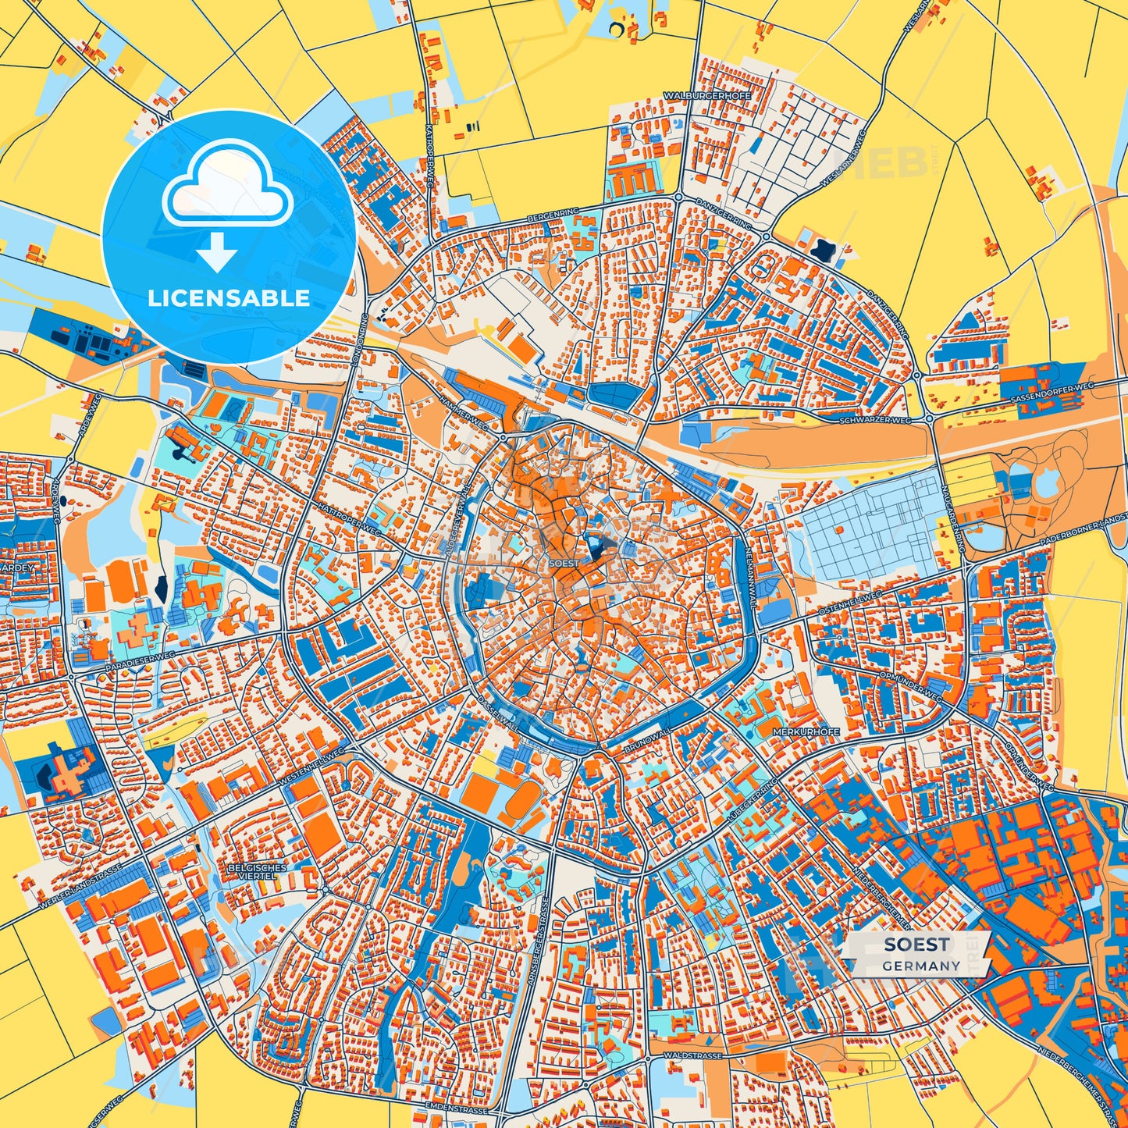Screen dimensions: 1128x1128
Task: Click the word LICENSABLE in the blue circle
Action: click(229, 298)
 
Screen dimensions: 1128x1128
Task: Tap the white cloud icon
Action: click(227, 190)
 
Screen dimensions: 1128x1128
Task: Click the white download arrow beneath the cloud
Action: click(218, 251)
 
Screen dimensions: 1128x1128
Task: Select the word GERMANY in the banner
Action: click(921, 966)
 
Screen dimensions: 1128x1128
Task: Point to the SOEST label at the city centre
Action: click(564, 563)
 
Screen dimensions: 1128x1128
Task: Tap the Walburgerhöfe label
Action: click(707, 95)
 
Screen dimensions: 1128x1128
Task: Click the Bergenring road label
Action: click(553, 212)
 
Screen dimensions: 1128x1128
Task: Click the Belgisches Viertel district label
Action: click(257, 872)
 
